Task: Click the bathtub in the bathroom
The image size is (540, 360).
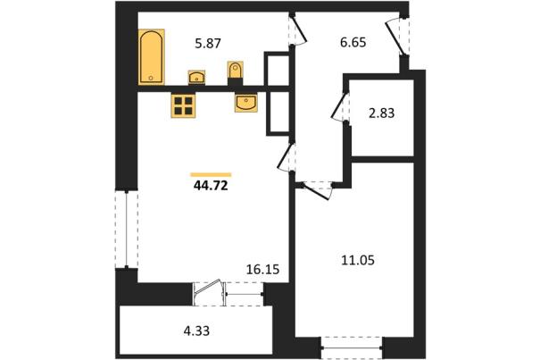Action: (x=151, y=57)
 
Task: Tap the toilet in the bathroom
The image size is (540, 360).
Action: (x=236, y=71)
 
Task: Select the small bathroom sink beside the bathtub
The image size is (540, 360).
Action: (x=196, y=77)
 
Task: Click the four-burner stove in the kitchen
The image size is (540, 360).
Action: (x=183, y=105)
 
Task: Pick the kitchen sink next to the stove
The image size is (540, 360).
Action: (x=245, y=103)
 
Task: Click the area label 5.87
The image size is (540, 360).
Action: (x=208, y=44)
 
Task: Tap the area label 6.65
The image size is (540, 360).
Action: (x=353, y=43)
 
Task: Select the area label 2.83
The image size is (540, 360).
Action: (x=382, y=113)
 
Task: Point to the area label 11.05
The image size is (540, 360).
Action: (x=358, y=260)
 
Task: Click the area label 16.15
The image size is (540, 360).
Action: (x=262, y=269)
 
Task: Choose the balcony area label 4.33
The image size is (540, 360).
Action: (x=196, y=331)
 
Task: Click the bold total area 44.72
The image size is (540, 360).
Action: (x=211, y=186)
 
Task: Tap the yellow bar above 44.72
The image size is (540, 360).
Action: (x=211, y=175)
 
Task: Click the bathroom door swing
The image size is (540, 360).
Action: (x=297, y=30)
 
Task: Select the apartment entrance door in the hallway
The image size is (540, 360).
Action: (x=396, y=37)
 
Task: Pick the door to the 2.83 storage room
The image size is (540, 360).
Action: (x=339, y=106)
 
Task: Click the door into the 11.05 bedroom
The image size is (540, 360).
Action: (x=317, y=192)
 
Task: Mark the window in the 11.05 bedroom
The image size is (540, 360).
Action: (x=352, y=348)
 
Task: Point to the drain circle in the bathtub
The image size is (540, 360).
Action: (x=151, y=78)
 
